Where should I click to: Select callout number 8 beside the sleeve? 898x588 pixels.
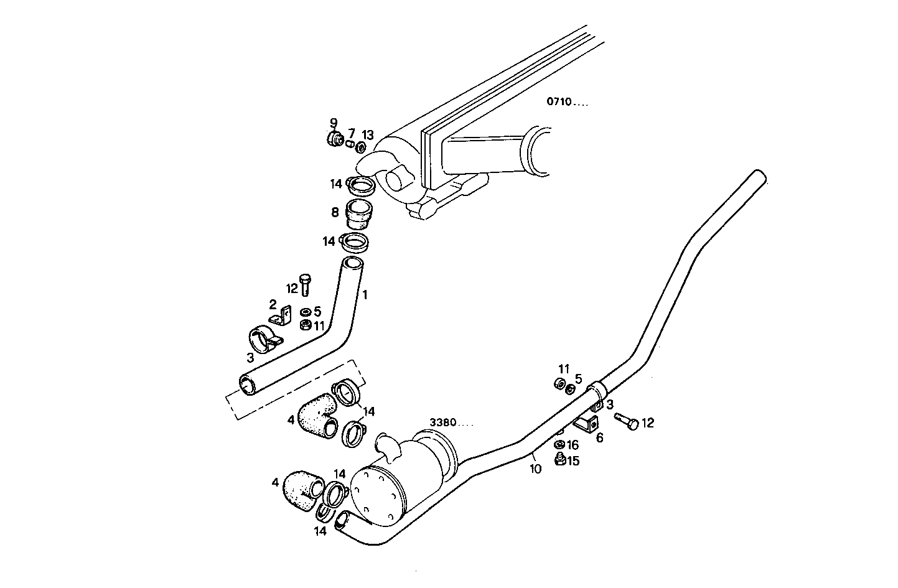click(335, 213)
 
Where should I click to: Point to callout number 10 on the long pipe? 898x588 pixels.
click(536, 470)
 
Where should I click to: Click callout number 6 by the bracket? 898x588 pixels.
click(599, 437)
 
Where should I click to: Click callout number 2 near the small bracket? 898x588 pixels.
click(273, 304)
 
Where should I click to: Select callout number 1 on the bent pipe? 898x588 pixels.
click(365, 295)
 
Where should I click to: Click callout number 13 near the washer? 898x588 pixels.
click(368, 135)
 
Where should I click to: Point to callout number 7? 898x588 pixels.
click(351, 133)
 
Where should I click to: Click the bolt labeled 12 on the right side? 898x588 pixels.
click(626, 421)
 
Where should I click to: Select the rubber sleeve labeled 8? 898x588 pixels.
click(358, 213)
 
